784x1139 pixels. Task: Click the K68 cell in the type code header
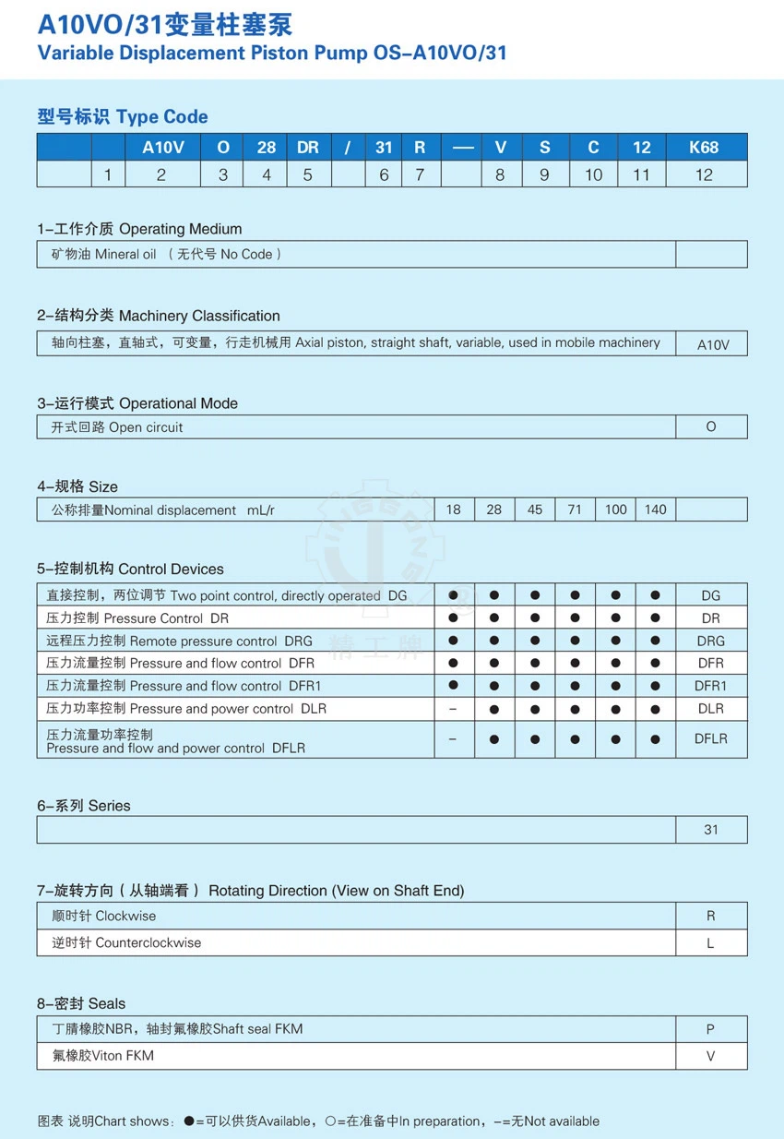pyautogui.click(x=704, y=147)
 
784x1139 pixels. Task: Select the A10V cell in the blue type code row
pyautogui.click(x=161, y=147)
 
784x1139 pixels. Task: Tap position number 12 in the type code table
pyautogui.click(x=704, y=174)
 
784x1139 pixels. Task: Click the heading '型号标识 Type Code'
pyautogui.click(x=123, y=116)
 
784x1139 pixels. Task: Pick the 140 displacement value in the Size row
pyautogui.click(x=656, y=510)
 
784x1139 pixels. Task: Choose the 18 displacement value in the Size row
pyautogui.click(x=453, y=510)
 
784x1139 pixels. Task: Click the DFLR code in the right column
pyautogui.click(x=710, y=738)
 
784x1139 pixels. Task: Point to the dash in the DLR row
pyautogui.click(x=453, y=709)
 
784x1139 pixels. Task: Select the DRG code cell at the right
pyautogui.click(x=710, y=641)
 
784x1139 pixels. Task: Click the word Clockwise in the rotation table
pyautogui.click(x=125, y=916)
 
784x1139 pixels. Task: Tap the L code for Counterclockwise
pyautogui.click(x=710, y=943)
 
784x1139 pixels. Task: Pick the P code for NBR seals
pyautogui.click(x=710, y=1029)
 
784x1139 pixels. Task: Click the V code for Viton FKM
pyautogui.click(x=710, y=1056)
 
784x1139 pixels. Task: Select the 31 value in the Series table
pyautogui.click(x=710, y=830)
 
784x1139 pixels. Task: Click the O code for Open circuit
pyautogui.click(x=710, y=426)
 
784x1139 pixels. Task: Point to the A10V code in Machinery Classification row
pyautogui.click(x=712, y=344)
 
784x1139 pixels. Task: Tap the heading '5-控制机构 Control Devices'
pyautogui.click(x=130, y=569)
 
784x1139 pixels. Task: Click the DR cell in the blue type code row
pyautogui.click(x=308, y=147)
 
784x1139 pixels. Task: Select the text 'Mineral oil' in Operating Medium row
pyautogui.click(x=125, y=254)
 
